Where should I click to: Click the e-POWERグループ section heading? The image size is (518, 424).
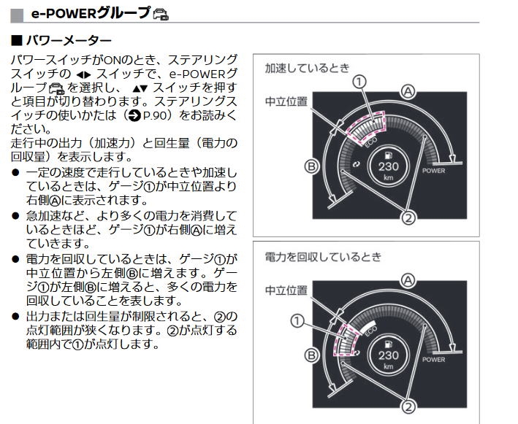point(91,13)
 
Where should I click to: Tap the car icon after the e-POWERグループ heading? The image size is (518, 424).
point(161,14)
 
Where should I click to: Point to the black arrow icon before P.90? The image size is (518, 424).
point(134,116)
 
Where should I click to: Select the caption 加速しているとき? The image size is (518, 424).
point(308,68)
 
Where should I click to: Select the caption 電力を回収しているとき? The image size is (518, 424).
point(323,257)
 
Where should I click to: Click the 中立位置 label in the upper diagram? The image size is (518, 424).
point(286,101)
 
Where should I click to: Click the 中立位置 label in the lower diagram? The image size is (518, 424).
point(286,290)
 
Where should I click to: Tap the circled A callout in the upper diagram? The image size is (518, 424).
point(408,91)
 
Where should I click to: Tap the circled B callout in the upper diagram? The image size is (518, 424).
point(311,166)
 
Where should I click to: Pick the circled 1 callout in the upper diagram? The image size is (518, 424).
point(359,82)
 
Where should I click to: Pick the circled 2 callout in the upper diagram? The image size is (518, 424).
point(408,217)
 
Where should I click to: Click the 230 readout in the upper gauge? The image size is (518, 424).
point(389,166)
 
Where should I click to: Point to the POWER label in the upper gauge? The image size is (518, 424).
point(434,171)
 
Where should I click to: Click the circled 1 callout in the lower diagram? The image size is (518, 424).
point(297,320)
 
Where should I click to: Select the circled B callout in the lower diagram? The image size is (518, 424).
point(311,355)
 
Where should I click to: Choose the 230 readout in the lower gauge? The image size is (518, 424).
point(389,355)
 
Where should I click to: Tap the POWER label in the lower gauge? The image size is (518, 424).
point(434,359)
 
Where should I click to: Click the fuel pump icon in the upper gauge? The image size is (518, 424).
point(389,155)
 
